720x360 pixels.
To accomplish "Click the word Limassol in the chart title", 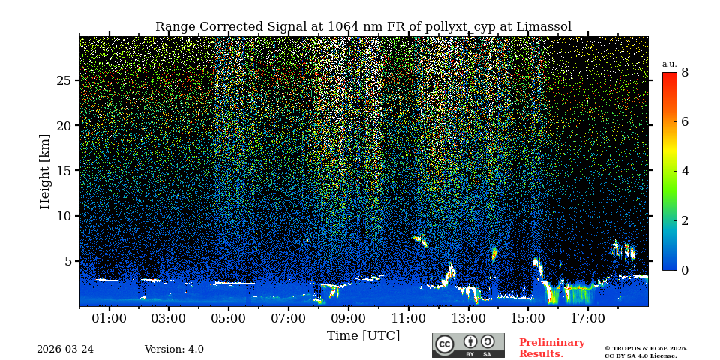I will click(543, 27).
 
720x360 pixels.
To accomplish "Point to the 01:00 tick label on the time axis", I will click(109, 319).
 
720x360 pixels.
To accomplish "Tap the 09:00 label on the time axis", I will click(348, 319).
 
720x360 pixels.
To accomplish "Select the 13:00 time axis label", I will click(468, 319).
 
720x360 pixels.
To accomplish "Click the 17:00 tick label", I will click(587, 319).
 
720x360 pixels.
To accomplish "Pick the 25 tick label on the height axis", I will click(63, 80).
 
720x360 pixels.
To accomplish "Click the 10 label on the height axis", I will click(63, 216).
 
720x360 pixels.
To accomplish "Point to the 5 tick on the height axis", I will click(67, 261).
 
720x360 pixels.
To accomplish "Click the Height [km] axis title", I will click(45, 171).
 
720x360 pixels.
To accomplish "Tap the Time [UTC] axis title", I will click(363, 336).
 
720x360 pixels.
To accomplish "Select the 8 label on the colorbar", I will click(685, 73).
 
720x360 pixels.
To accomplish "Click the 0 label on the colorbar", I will click(685, 270).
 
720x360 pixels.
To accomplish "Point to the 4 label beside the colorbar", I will click(685, 171).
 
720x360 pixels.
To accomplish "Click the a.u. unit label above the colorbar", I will click(669, 64).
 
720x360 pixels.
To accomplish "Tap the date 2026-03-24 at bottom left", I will click(65, 349).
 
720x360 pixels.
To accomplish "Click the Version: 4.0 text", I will click(174, 349).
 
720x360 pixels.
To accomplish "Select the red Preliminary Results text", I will click(551, 348).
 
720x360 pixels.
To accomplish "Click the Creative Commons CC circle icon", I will click(445, 344).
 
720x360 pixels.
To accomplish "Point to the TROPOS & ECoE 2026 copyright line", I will click(646, 348).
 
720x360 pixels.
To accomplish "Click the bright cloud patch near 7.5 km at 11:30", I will click(421, 240).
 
